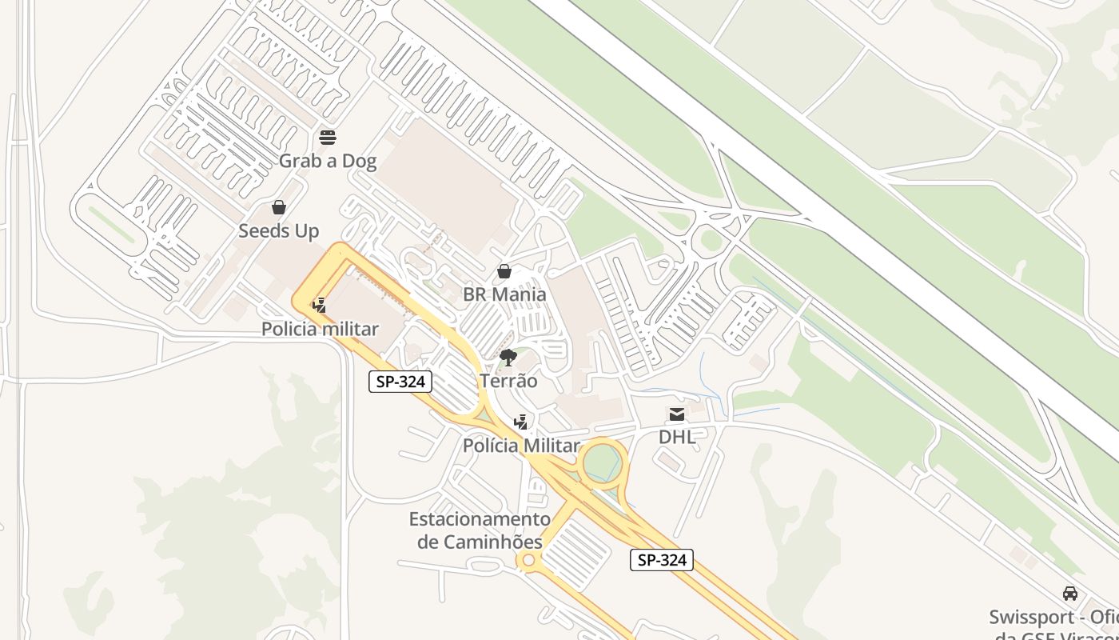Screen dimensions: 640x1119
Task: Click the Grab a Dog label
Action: pos(327,161)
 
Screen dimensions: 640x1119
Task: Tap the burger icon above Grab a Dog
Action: pos(327,138)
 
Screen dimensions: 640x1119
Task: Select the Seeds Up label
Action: pos(279,231)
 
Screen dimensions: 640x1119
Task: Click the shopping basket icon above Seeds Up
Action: pos(279,208)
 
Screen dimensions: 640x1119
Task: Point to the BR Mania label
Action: pos(504,294)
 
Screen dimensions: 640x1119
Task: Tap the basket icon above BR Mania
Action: pos(504,272)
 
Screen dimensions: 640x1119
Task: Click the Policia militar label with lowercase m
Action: pos(320,329)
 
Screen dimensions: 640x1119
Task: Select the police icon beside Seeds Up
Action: pos(319,305)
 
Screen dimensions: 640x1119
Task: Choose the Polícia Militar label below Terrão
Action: pos(520,446)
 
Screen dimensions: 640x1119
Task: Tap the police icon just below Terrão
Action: pos(521,422)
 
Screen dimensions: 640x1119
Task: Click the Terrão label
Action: pos(508,381)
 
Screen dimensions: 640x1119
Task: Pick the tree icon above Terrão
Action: pos(508,357)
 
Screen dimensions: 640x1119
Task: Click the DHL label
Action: pos(677,437)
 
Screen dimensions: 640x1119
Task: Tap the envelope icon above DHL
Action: pos(677,414)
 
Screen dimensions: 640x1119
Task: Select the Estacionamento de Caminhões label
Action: pos(480,530)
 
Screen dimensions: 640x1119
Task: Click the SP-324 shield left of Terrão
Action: pos(400,382)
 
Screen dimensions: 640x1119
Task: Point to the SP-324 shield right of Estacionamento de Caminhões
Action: pos(661,560)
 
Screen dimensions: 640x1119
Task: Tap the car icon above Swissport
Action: pos(1069,594)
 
